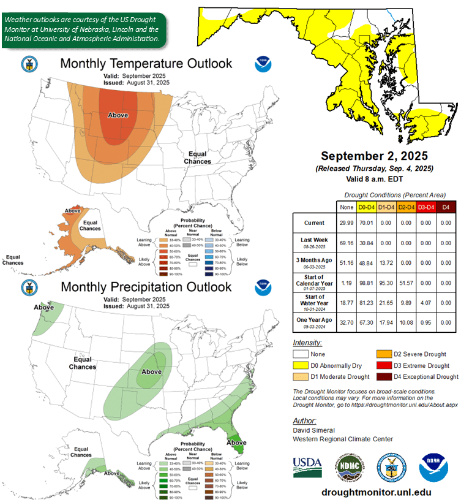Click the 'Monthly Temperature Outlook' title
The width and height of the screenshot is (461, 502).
(146, 63)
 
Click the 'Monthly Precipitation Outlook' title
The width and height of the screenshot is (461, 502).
(146, 287)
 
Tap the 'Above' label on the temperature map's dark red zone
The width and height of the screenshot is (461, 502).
(118, 115)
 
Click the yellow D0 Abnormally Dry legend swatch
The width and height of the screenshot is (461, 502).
(301, 365)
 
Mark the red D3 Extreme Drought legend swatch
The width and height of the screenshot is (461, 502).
(384, 365)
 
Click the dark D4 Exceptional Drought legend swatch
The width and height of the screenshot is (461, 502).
(384, 376)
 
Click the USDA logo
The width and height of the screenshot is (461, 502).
(307, 464)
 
